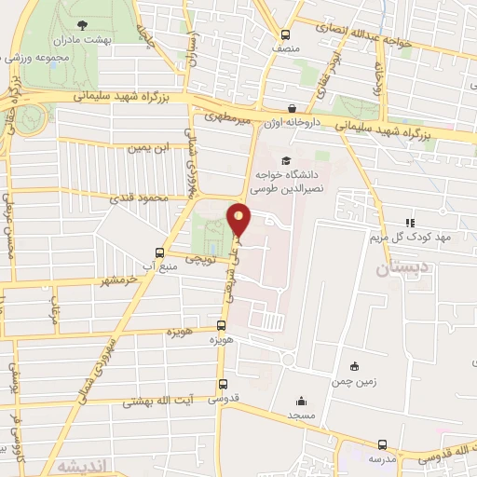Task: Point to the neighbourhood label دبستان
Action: [x=403, y=269]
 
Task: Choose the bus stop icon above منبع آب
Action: [x=160, y=253]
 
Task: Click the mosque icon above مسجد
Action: [x=301, y=399]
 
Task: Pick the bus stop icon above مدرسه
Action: [x=382, y=444]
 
